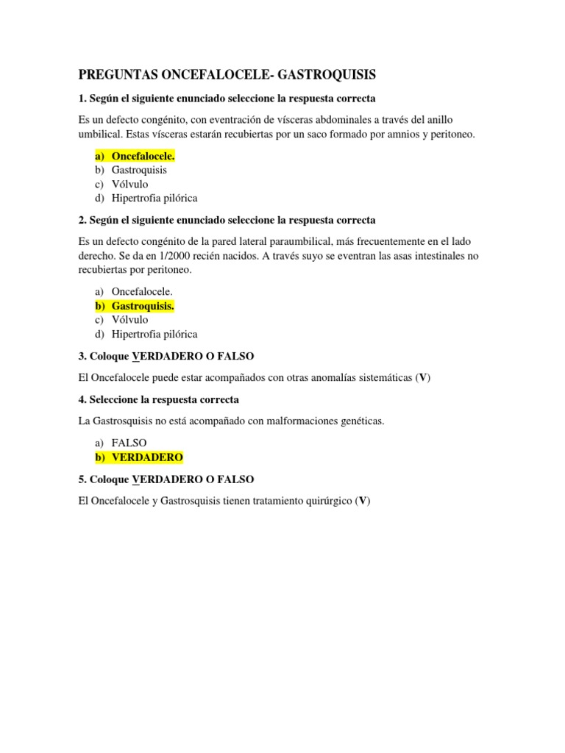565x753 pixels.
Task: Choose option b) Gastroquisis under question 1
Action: (x=139, y=170)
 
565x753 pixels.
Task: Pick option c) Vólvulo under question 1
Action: (x=129, y=184)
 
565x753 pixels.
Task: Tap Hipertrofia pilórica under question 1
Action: (x=154, y=198)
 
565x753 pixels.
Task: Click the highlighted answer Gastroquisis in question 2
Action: (x=143, y=306)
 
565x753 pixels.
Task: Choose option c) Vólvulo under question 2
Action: (x=129, y=320)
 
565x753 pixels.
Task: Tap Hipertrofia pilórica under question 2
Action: (x=154, y=334)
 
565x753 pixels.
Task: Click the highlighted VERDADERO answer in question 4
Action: (x=147, y=457)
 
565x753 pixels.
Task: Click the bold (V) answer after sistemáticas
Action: (x=422, y=378)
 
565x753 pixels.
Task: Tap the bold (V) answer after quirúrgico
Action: (x=362, y=501)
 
